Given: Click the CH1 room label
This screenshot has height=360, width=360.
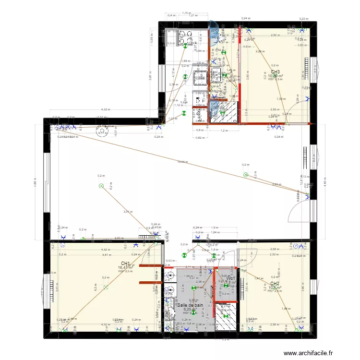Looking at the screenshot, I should pos(126,263).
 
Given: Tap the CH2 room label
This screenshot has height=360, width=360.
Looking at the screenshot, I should pos(275,284).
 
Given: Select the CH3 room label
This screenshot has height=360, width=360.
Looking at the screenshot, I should pos(276,72).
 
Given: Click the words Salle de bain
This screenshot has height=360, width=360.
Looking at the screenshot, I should pos(191,305).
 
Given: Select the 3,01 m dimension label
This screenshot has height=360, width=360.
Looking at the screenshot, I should pos(127,212).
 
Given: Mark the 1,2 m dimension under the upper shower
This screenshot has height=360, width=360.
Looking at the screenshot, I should pos(223,131).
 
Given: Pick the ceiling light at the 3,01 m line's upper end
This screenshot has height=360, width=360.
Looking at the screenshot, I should pos(101,186).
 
